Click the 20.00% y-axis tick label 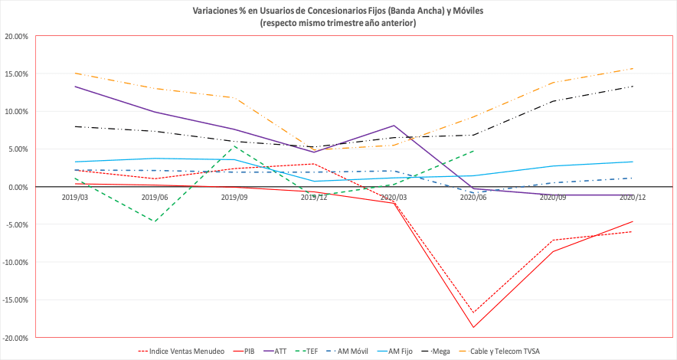click(16, 36)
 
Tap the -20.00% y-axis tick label click(15, 338)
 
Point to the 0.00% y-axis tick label click(18, 187)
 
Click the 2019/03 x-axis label click(74, 197)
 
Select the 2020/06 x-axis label click(473, 197)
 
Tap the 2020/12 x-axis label click(632, 197)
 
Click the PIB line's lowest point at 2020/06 click(473, 328)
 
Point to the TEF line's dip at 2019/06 click(155, 222)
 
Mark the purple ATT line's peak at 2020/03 click(394, 126)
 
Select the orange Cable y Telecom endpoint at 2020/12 click(633, 68)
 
